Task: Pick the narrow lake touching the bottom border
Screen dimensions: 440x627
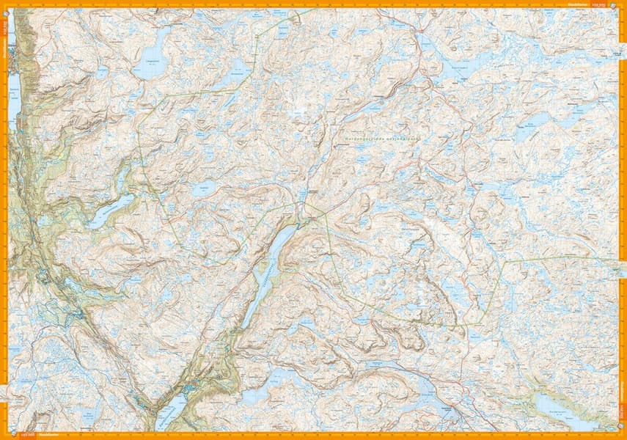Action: tap(170, 415)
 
